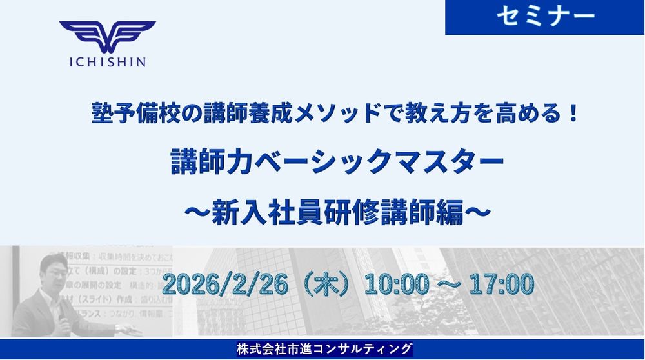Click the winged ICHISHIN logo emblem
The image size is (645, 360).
click(107, 37)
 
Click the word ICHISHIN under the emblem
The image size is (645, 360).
click(107, 63)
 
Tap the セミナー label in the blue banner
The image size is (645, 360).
click(545, 17)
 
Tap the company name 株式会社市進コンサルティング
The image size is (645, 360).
click(324, 349)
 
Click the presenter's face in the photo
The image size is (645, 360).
click(51, 271)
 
